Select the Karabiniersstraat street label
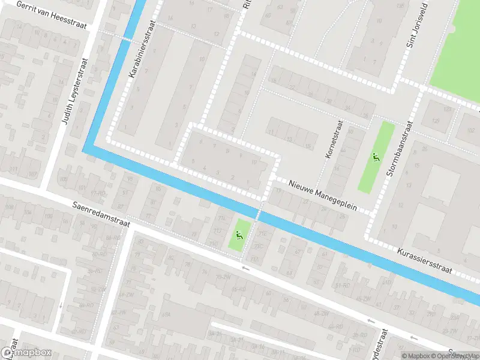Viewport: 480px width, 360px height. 142,49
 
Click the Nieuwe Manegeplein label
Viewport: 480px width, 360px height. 322,196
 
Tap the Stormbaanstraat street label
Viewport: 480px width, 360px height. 400,149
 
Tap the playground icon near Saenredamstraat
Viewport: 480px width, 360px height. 239,235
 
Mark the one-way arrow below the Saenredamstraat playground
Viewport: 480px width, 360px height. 245,267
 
